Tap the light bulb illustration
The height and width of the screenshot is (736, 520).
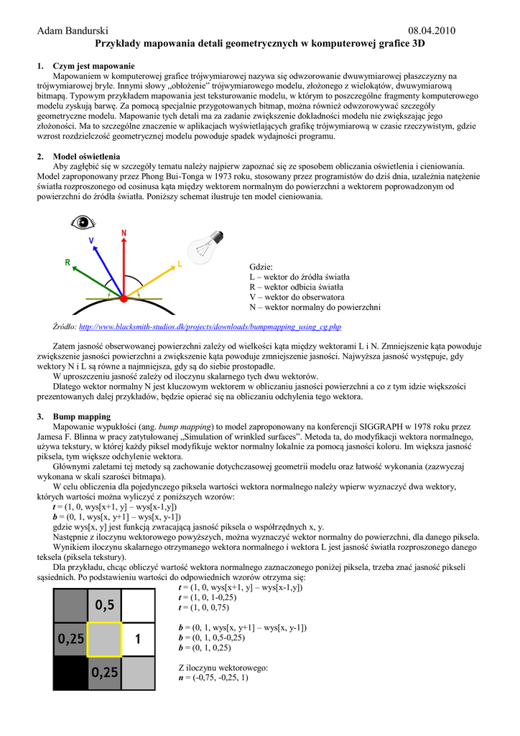click(203, 249)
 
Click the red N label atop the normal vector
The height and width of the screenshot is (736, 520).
click(124, 233)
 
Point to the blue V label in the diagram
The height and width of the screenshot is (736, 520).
click(91, 241)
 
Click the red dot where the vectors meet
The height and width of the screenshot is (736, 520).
click(124, 298)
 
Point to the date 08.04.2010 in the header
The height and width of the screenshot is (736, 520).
click(432, 30)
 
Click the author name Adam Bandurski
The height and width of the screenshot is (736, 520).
click(73, 30)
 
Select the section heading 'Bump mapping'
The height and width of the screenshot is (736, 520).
click(82, 416)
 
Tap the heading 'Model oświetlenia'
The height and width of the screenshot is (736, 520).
click(87, 157)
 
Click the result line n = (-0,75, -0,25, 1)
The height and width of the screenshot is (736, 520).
click(213, 678)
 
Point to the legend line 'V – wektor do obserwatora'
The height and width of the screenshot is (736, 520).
click(297, 297)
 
